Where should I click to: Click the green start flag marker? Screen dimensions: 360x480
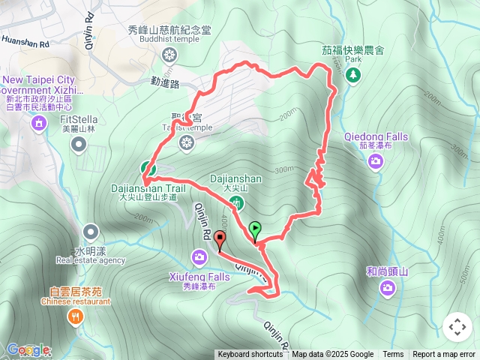click(x=255, y=229)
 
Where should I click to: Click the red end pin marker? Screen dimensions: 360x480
click(x=220, y=240)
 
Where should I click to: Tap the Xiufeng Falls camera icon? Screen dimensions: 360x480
click(x=199, y=258)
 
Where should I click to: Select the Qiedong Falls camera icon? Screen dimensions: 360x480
click(x=376, y=160)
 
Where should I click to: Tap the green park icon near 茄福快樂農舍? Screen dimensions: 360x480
click(x=352, y=73)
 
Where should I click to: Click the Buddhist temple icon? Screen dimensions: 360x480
click(x=169, y=54)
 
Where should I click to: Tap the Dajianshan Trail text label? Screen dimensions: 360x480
click(x=148, y=189)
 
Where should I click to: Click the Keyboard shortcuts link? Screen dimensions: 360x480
click(x=250, y=355)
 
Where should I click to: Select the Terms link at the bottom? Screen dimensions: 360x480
click(x=393, y=355)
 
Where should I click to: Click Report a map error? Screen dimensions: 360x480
click(x=444, y=355)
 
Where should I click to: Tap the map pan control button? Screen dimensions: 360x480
click(x=457, y=328)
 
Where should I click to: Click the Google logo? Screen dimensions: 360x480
click(x=26, y=349)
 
